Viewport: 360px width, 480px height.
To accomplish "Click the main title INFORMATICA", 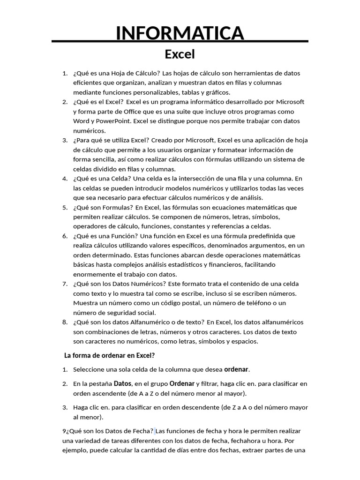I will coord(180,33).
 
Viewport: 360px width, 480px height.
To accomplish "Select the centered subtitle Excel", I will coord(180,54).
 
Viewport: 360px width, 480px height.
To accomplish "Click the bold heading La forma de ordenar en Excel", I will coord(109,356).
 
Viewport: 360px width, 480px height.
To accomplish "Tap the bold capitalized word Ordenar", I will coord(182,384).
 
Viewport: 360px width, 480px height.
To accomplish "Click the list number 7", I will coord(65,284).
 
